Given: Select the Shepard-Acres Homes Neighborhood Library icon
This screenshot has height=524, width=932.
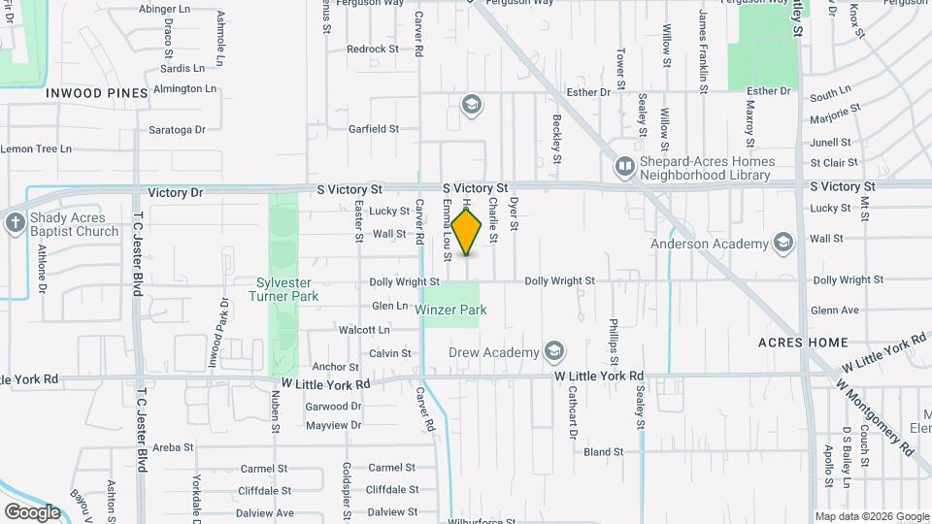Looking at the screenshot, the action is click(x=624, y=169).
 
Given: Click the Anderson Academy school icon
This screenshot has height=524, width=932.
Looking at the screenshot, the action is click(x=783, y=243).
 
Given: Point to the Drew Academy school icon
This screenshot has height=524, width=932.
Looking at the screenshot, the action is click(x=554, y=351).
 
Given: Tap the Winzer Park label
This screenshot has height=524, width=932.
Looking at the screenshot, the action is click(x=450, y=310).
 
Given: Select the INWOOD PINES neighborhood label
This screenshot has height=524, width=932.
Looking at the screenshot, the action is click(x=96, y=93).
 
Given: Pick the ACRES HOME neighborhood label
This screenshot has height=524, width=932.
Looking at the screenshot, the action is click(x=803, y=343).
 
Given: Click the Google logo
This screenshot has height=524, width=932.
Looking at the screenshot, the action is click(x=32, y=511).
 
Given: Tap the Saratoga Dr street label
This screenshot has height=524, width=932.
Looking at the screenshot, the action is click(x=177, y=129).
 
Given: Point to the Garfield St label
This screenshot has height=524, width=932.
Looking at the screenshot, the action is click(x=374, y=128).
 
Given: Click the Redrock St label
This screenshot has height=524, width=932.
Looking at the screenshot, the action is click(x=373, y=49).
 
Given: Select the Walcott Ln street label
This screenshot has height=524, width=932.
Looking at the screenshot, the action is click(x=364, y=330).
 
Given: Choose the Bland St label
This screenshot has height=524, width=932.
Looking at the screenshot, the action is click(x=603, y=451).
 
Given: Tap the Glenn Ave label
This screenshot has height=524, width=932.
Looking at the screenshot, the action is click(x=835, y=311).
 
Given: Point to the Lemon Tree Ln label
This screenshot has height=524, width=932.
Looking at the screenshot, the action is click(x=36, y=148).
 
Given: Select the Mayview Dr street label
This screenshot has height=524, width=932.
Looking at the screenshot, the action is click(x=333, y=425).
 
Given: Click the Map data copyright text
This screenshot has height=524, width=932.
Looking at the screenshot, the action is click(x=871, y=516).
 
